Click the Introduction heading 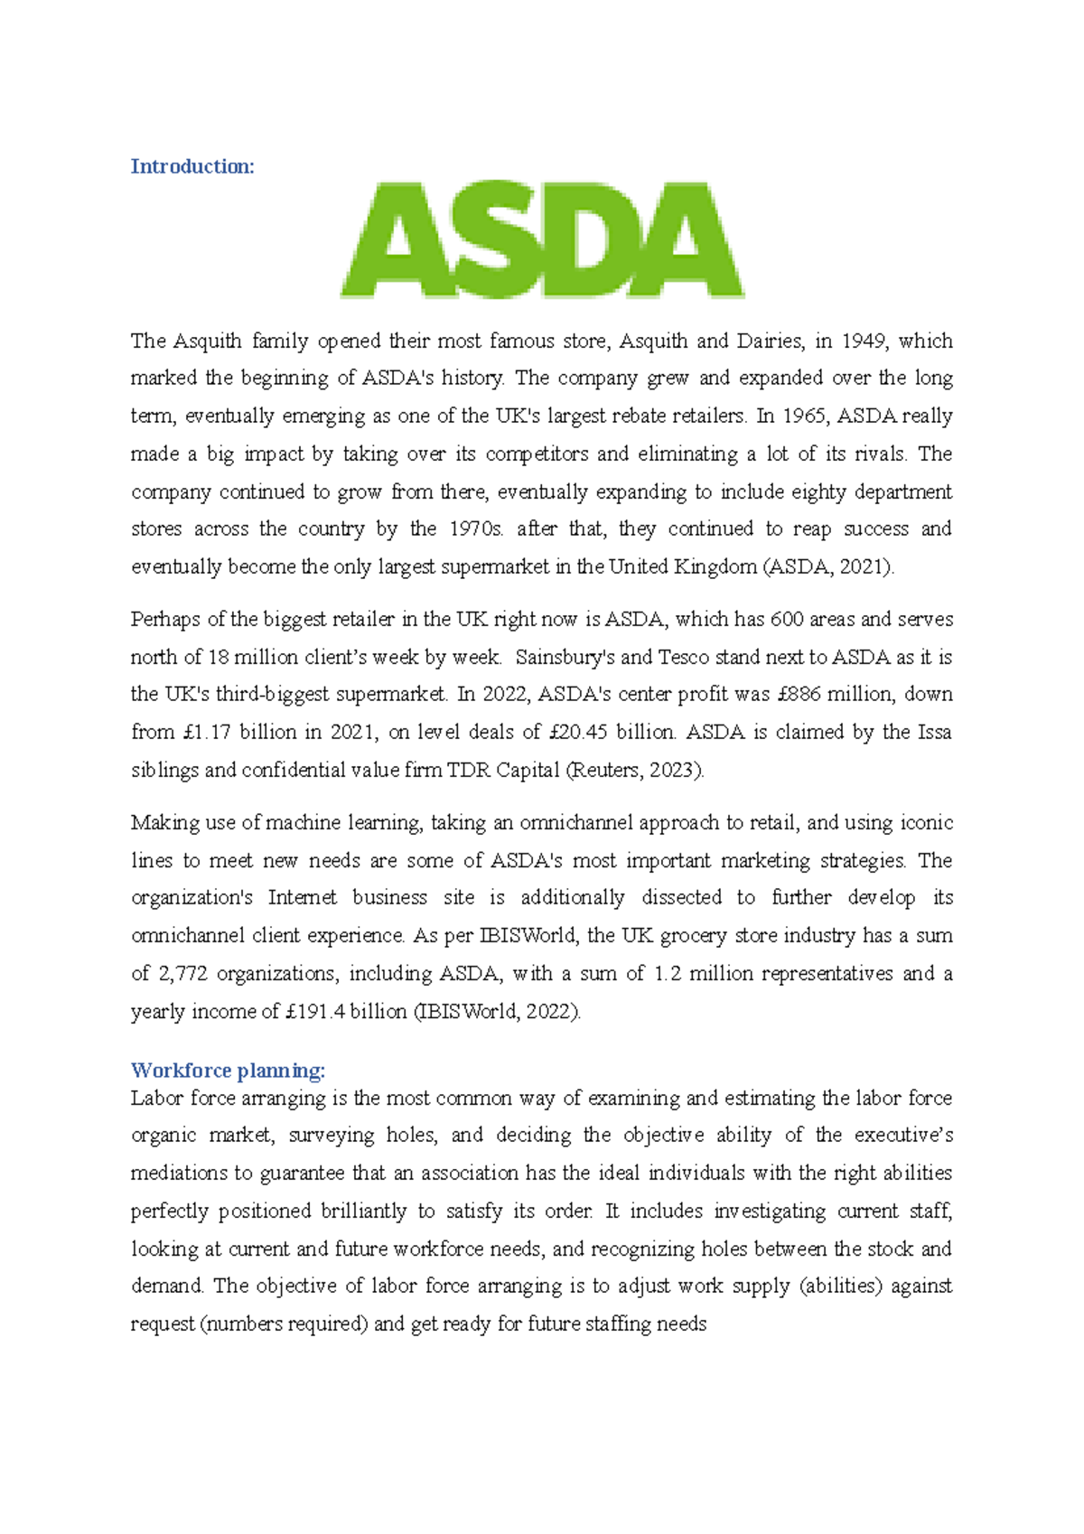pyautogui.click(x=192, y=166)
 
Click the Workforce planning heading pyautogui.click(x=228, y=1071)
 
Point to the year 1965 pyautogui.click(x=805, y=416)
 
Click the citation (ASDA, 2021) pyautogui.click(x=829, y=567)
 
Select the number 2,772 pyautogui.click(x=182, y=974)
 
